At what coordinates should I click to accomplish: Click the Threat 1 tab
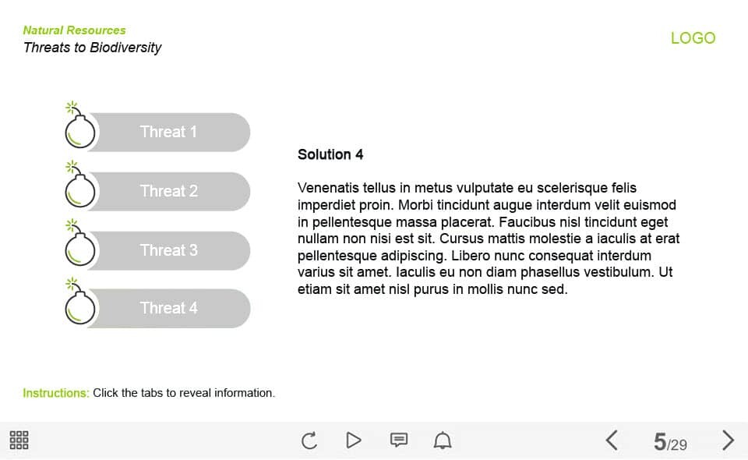point(169,132)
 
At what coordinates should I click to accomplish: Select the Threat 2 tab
point(169,191)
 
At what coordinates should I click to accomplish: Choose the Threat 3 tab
point(169,250)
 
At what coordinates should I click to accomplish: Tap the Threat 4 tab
point(169,308)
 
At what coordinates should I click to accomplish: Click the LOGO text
point(693,38)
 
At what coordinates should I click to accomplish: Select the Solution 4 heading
point(330,154)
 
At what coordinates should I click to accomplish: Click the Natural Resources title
point(74,30)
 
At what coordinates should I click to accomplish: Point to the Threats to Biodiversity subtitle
point(92,48)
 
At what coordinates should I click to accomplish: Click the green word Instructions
point(55,393)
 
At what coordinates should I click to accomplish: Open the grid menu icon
point(19,441)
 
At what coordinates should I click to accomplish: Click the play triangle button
point(354,441)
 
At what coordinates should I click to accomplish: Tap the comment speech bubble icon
point(398,441)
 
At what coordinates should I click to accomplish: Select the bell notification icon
point(443,441)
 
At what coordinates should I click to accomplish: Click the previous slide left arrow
point(612,441)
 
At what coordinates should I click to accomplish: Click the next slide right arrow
point(728,441)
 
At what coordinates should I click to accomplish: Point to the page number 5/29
point(670,443)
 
